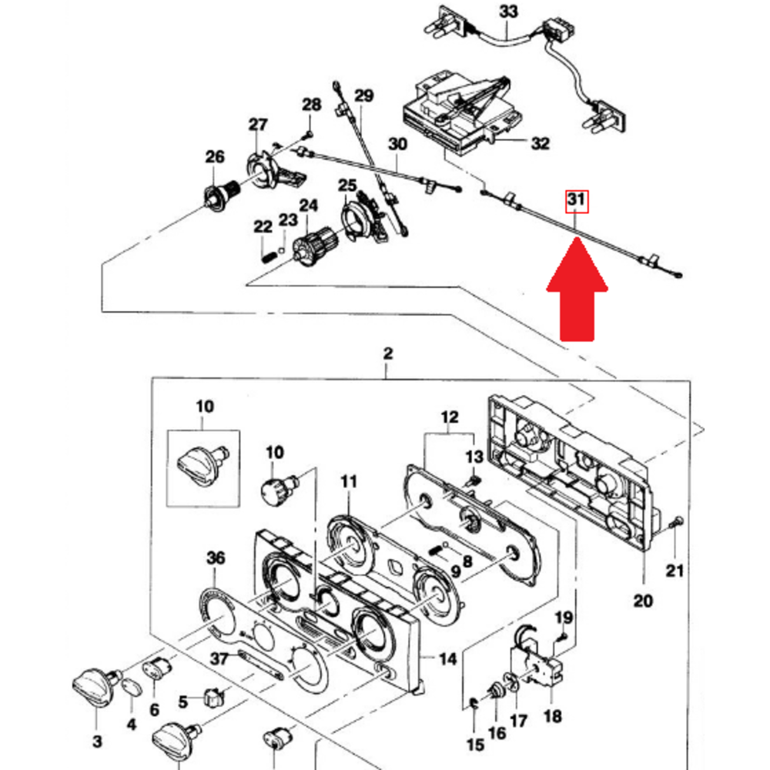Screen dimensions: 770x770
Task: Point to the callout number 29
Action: [363, 95]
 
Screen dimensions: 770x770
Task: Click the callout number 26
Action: [214, 157]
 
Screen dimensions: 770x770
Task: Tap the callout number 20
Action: [643, 600]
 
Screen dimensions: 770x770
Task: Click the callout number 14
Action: [448, 659]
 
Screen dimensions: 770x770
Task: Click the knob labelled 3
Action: [94, 685]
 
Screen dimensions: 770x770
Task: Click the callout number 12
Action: [449, 418]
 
